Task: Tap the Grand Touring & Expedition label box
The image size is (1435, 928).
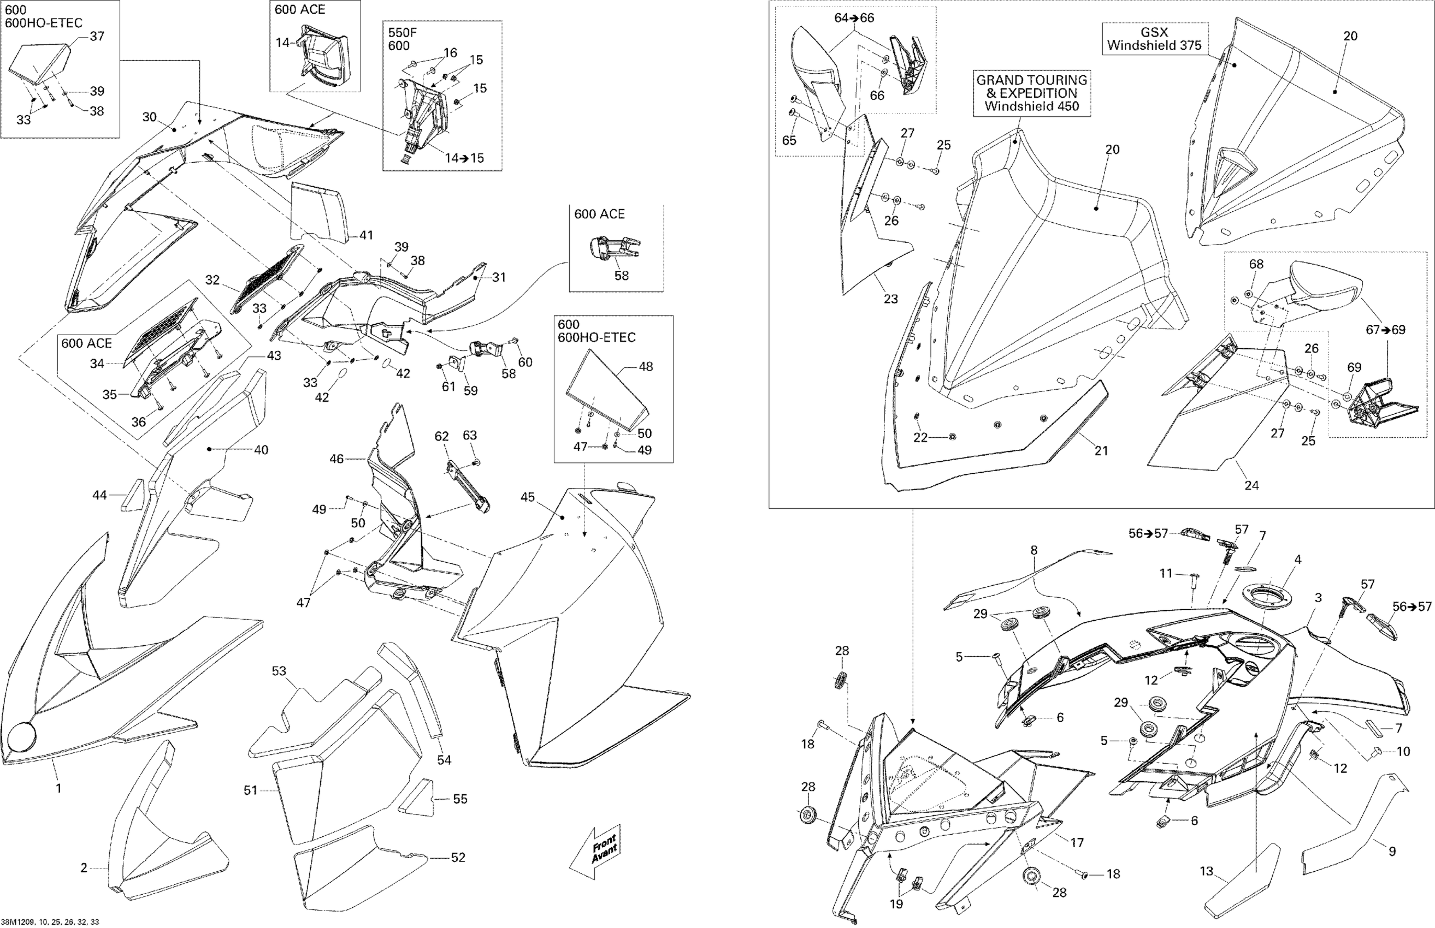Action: (x=1032, y=93)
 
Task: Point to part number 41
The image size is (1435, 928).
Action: (x=366, y=235)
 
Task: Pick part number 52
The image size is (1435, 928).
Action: (x=458, y=857)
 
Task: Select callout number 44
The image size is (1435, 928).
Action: (x=99, y=495)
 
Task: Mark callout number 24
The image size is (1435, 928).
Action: (x=1251, y=485)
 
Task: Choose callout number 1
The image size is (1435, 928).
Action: (x=58, y=788)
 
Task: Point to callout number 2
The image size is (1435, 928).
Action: (x=84, y=868)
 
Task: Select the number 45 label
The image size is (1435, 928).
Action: (x=528, y=497)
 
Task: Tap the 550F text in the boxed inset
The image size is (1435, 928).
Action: (x=399, y=33)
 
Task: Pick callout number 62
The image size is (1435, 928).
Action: (x=442, y=436)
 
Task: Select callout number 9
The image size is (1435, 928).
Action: (x=1392, y=852)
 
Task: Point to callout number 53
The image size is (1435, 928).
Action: (x=279, y=671)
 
